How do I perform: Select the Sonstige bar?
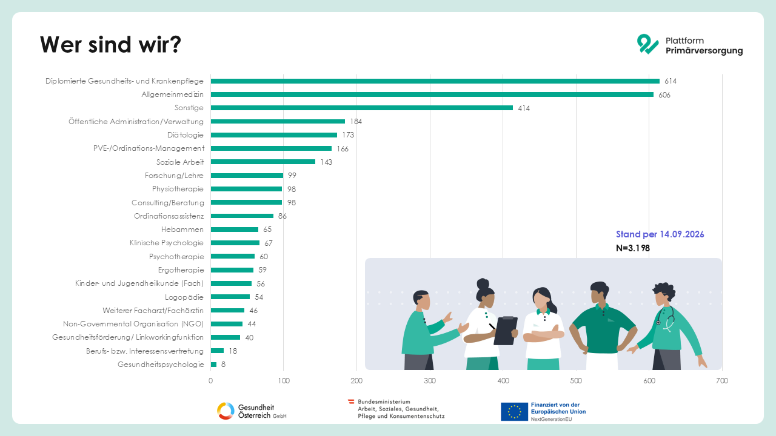[x=362, y=108]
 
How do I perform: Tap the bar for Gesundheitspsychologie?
[x=213, y=365]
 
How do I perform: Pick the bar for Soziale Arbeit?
[x=263, y=162]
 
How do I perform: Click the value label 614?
[x=671, y=81]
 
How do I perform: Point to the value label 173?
[x=348, y=135]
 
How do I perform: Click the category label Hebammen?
[x=182, y=230]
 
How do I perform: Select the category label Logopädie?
[x=184, y=297]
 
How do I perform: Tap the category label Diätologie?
[x=186, y=135]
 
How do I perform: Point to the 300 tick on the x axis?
[x=430, y=381]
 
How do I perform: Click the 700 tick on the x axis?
[x=722, y=381]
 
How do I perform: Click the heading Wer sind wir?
[x=110, y=45]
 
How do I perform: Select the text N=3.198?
[x=633, y=248]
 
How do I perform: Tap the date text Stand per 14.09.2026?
[x=660, y=234]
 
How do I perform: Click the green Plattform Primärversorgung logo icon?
[x=647, y=44]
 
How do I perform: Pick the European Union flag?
[x=515, y=411]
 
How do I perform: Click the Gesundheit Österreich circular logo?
[x=226, y=411]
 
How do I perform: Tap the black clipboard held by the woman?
[x=506, y=331]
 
